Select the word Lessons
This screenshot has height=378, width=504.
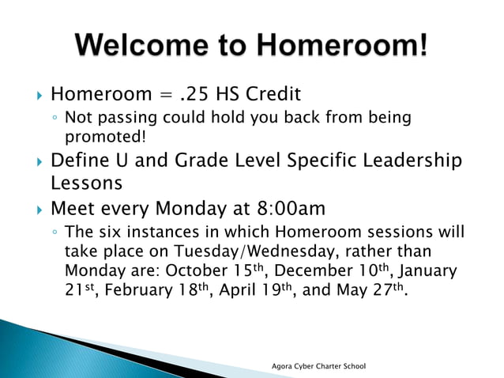pyautogui.click(x=86, y=183)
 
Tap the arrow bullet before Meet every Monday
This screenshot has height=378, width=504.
pyautogui.click(x=32, y=210)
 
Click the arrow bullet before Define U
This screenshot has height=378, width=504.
pyautogui.click(x=32, y=162)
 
